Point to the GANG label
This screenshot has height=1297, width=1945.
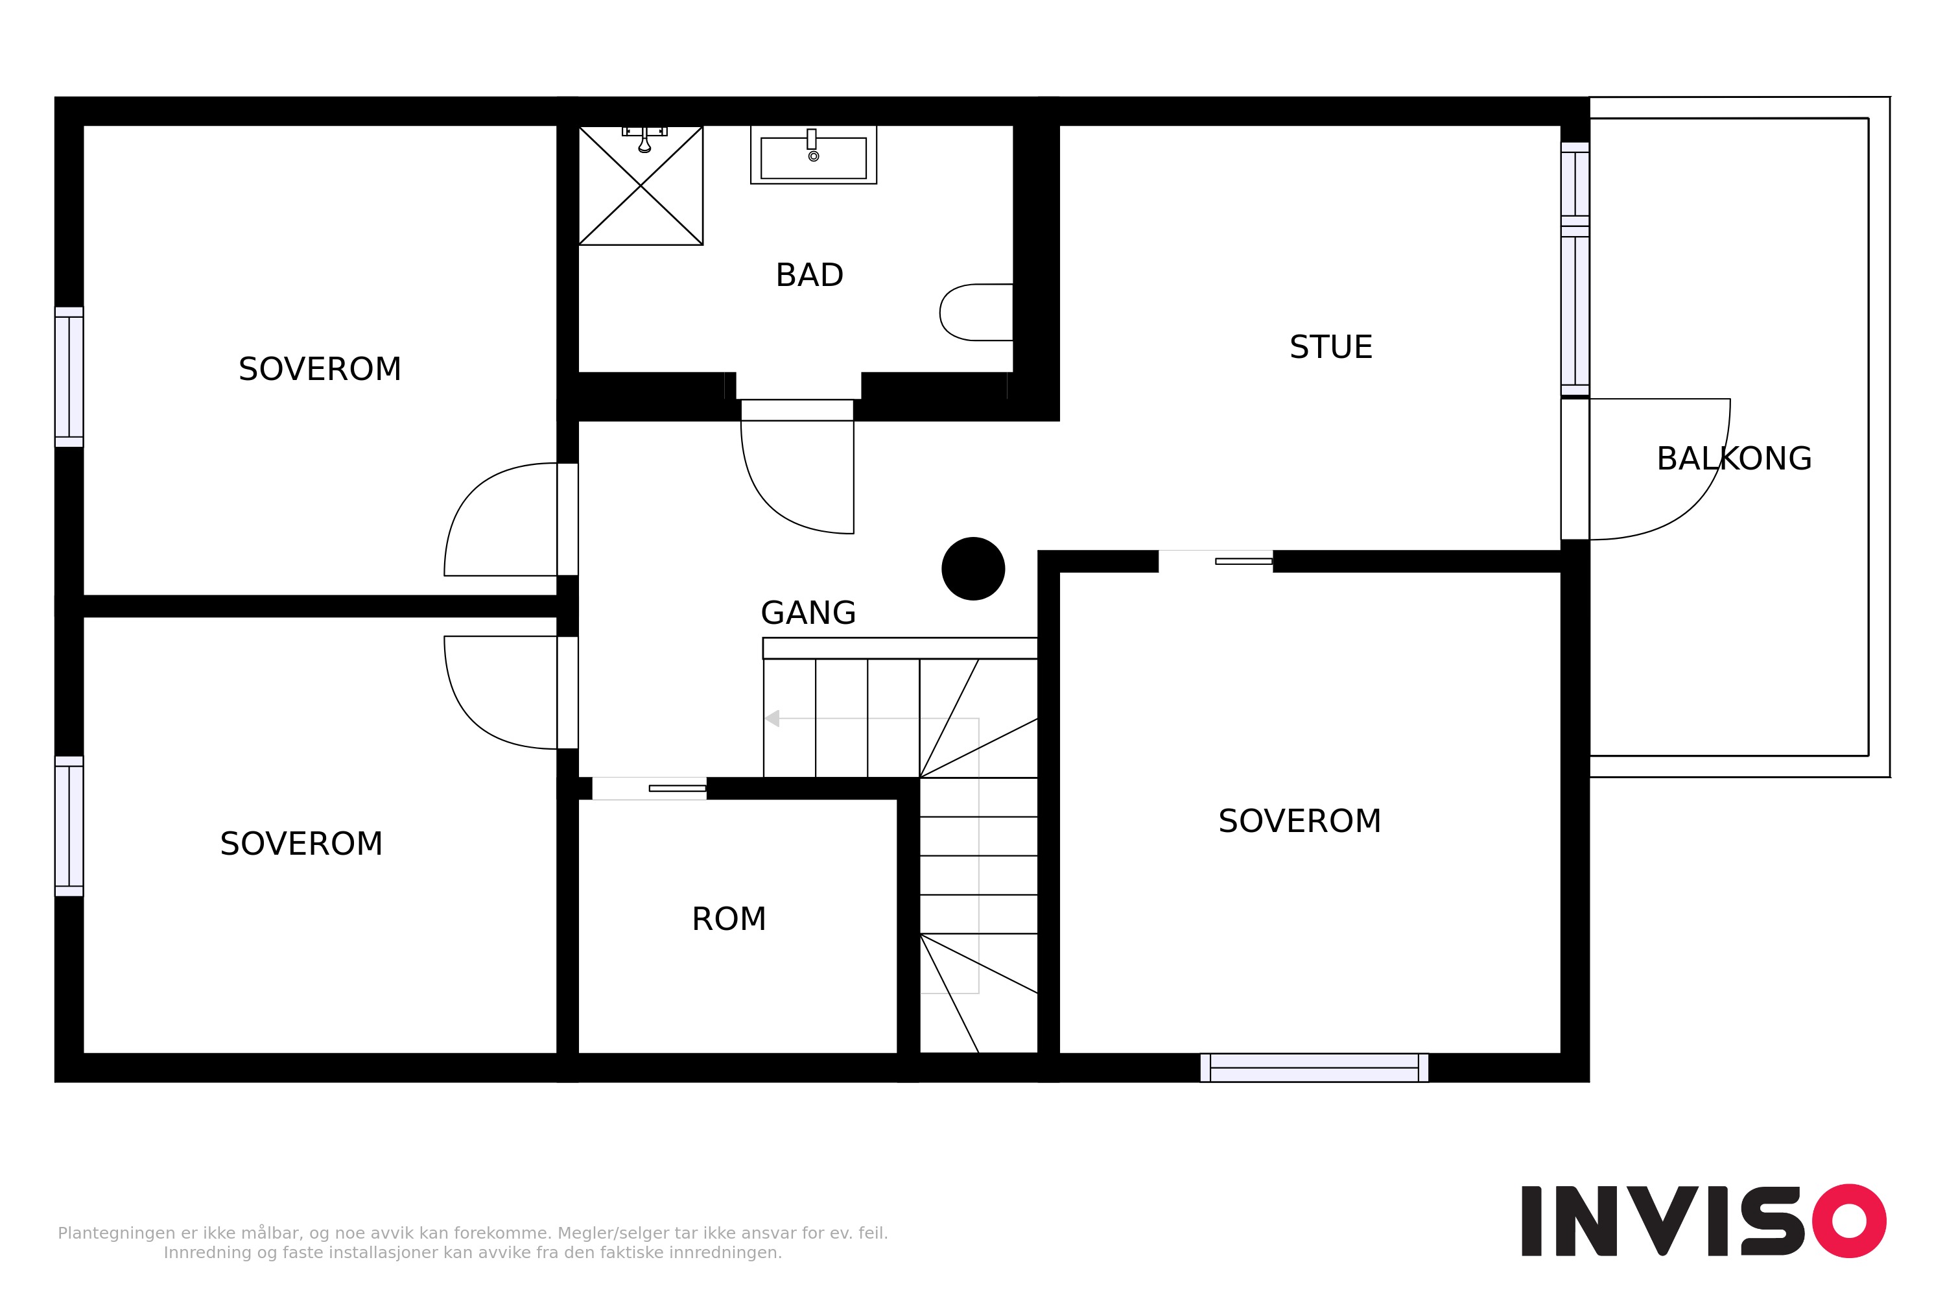pyautogui.click(x=808, y=613)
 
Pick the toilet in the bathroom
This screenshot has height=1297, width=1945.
pyautogui.click(x=976, y=313)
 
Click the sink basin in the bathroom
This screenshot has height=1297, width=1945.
pyautogui.click(x=814, y=156)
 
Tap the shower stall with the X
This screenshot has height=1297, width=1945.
pyautogui.click(x=641, y=185)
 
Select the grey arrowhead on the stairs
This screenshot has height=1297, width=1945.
pyautogui.click(x=772, y=719)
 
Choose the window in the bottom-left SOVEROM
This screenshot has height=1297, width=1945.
pyautogui.click(x=69, y=826)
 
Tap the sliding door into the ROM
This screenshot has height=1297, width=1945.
pyautogui.click(x=649, y=789)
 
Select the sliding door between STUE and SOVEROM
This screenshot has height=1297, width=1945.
pyautogui.click(x=1216, y=561)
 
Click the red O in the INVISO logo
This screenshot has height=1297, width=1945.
pyautogui.click(x=1850, y=1221)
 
